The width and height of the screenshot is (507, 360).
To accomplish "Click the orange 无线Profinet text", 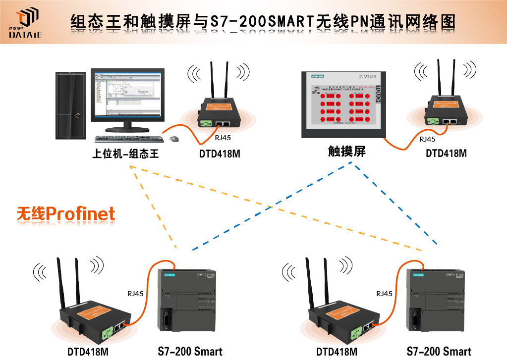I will [66, 213].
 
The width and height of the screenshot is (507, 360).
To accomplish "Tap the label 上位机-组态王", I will [125, 154].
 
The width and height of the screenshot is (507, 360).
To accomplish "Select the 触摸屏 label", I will [347, 152].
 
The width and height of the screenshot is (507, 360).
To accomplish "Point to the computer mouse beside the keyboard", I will [174, 139].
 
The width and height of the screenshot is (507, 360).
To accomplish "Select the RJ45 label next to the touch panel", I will [427, 139].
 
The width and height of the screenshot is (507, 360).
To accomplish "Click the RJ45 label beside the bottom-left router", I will [135, 294].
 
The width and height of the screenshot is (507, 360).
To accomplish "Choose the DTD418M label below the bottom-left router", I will [88, 352].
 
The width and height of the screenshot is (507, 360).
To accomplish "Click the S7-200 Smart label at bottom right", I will [439, 352].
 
